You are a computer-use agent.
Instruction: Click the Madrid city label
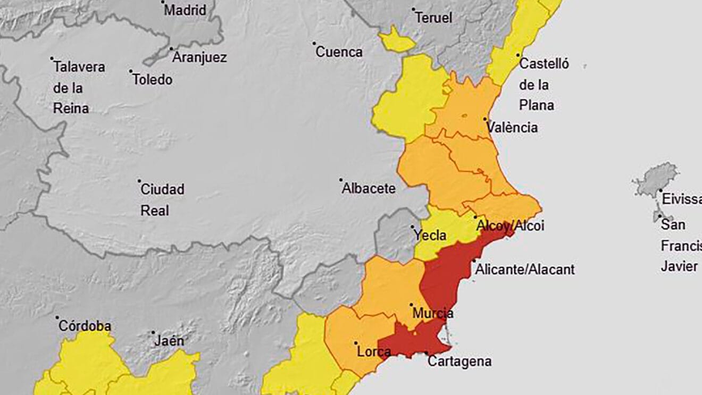pos(185,10)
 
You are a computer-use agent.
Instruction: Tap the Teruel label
pos(433,18)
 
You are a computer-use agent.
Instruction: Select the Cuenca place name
pos(339,52)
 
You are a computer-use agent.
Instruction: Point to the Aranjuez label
pos(199,57)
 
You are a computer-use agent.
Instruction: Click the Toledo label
pos(152,80)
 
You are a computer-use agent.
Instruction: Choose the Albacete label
pos(369,188)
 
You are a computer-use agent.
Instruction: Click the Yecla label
pos(430,236)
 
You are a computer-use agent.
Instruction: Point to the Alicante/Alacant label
pos(525,270)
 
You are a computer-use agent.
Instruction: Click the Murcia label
pos(432,313)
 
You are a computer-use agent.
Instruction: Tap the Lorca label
pos(374,351)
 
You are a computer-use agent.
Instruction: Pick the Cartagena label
pos(459,362)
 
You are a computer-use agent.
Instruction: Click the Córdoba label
pos(85,326)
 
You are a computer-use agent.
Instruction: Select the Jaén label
pos(169,341)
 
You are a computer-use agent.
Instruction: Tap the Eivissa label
pos(681,199)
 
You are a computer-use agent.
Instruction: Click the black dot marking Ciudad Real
pos(139,181)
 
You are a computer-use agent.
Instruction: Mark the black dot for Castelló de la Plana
pos(518,55)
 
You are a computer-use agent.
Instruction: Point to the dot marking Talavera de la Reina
pos(52,58)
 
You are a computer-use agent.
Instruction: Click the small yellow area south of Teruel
pos(396,40)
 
